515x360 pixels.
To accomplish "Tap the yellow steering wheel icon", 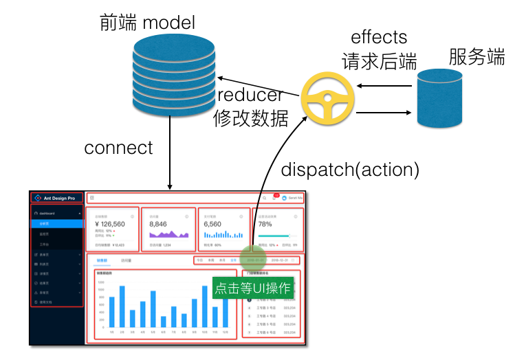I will click(328, 99).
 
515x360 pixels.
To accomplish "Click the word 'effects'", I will click(379, 37).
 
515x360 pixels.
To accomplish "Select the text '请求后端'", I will click(380, 61).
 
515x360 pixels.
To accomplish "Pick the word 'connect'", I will click(118, 148).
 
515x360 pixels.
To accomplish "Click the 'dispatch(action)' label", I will click(351, 169).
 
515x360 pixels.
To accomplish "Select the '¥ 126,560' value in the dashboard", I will click(109, 224).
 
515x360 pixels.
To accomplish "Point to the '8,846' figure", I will click(158, 224).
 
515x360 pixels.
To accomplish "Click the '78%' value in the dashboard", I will click(265, 224).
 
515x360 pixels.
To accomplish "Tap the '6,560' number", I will click(212, 224).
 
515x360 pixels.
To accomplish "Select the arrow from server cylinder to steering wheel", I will click(384, 86).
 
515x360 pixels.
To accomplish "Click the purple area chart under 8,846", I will click(168, 234).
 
